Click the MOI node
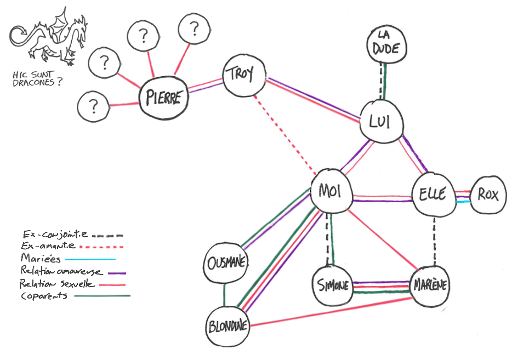pyautogui.click(x=331, y=191)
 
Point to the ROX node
pyautogui.click(x=488, y=195)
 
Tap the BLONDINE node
pyautogui.click(x=228, y=325)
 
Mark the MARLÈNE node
pyautogui.click(x=430, y=285)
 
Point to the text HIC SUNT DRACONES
pyautogui.click(x=36, y=78)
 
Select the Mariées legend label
pyautogui.click(x=36, y=258)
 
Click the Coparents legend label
pyautogui.click(x=44, y=296)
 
